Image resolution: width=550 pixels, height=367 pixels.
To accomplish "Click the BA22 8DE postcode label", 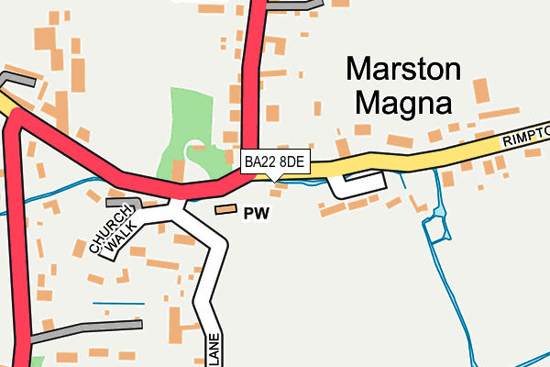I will [x=276, y=161].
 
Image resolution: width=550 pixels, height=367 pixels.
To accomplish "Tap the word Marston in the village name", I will [x=403, y=69].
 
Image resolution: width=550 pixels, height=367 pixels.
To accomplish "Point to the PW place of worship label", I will [x=256, y=215].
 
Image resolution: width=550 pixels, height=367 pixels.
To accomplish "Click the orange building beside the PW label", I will [x=225, y=210].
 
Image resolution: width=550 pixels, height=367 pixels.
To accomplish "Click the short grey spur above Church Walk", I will [x=124, y=201].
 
